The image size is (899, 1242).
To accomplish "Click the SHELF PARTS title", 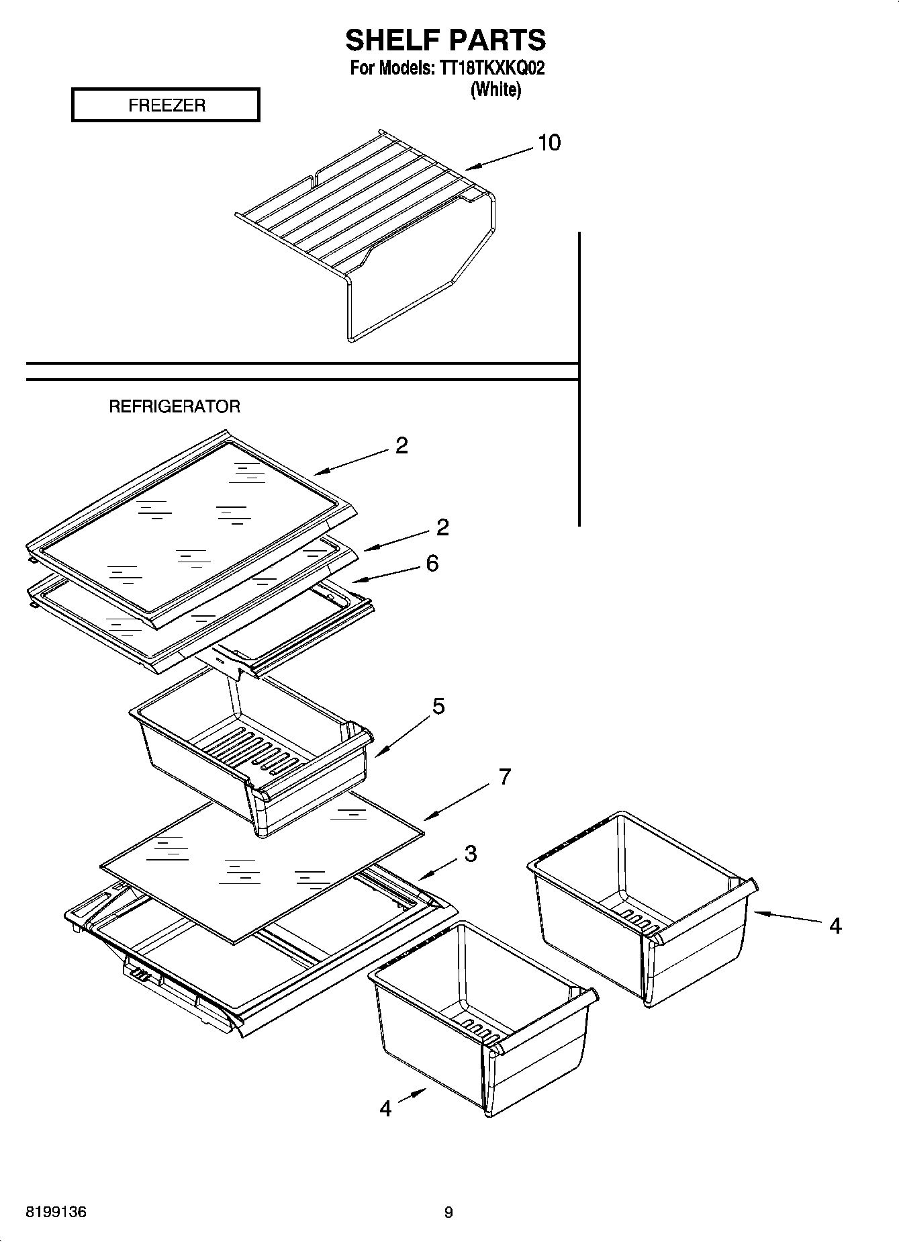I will (x=445, y=40).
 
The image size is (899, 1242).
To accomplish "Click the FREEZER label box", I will (x=166, y=105).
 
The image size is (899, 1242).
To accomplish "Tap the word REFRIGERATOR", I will (x=175, y=406).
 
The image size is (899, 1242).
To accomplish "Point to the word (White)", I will (x=495, y=89).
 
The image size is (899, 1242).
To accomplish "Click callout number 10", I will (x=549, y=143).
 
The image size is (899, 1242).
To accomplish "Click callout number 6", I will (x=432, y=563).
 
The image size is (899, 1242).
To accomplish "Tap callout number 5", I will (x=438, y=706).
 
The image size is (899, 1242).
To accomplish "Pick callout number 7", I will (x=504, y=777).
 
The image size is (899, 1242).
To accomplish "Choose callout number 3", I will (x=471, y=854).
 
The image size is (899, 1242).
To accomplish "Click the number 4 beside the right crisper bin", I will (x=835, y=926).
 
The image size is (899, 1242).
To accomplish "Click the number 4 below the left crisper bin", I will (x=385, y=1108).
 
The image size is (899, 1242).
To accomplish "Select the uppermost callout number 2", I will (x=401, y=446).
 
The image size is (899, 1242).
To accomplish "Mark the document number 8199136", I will (x=56, y=1212).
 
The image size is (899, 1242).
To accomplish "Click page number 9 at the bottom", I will (x=448, y=1212).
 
